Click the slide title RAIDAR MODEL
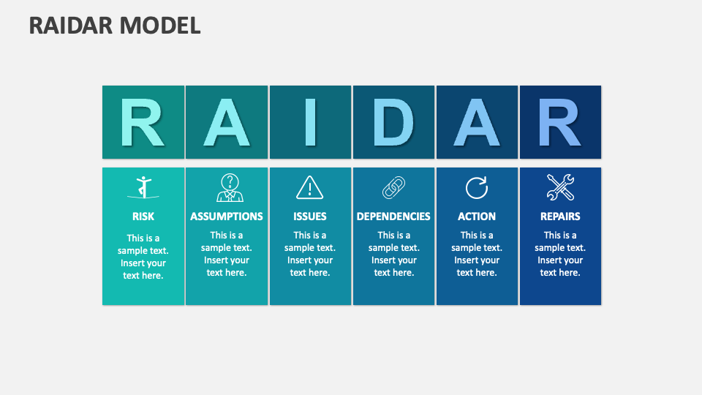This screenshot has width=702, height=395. click(x=115, y=26)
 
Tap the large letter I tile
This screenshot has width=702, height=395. click(x=310, y=122)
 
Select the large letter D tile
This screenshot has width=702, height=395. click(x=393, y=122)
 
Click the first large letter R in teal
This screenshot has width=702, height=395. click(x=143, y=122)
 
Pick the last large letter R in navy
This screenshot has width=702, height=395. click(x=560, y=122)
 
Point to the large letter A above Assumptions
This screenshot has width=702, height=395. click(x=227, y=122)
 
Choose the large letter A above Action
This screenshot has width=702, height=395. click(x=477, y=122)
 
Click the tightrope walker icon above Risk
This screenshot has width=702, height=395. click(x=143, y=188)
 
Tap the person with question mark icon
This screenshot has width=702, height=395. click(x=230, y=188)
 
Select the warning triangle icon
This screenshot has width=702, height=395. click(x=309, y=188)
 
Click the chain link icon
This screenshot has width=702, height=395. click(x=393, y=188)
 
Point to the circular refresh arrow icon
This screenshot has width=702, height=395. click(x=477, y=188)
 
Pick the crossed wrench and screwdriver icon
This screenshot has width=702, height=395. click(x=560, y=188)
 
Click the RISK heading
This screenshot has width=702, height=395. click(x=143, y=217)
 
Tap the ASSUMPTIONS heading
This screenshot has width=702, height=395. click(x=227, y=217)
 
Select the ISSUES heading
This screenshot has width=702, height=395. click(x=310, y=217)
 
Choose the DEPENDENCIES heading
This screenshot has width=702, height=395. click(x=393, y=217)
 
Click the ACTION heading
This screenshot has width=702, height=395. click(x=477, y=217)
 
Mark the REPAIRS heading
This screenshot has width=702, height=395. click(x=560, y=217)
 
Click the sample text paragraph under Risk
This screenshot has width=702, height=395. click(x=143, y=257)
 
